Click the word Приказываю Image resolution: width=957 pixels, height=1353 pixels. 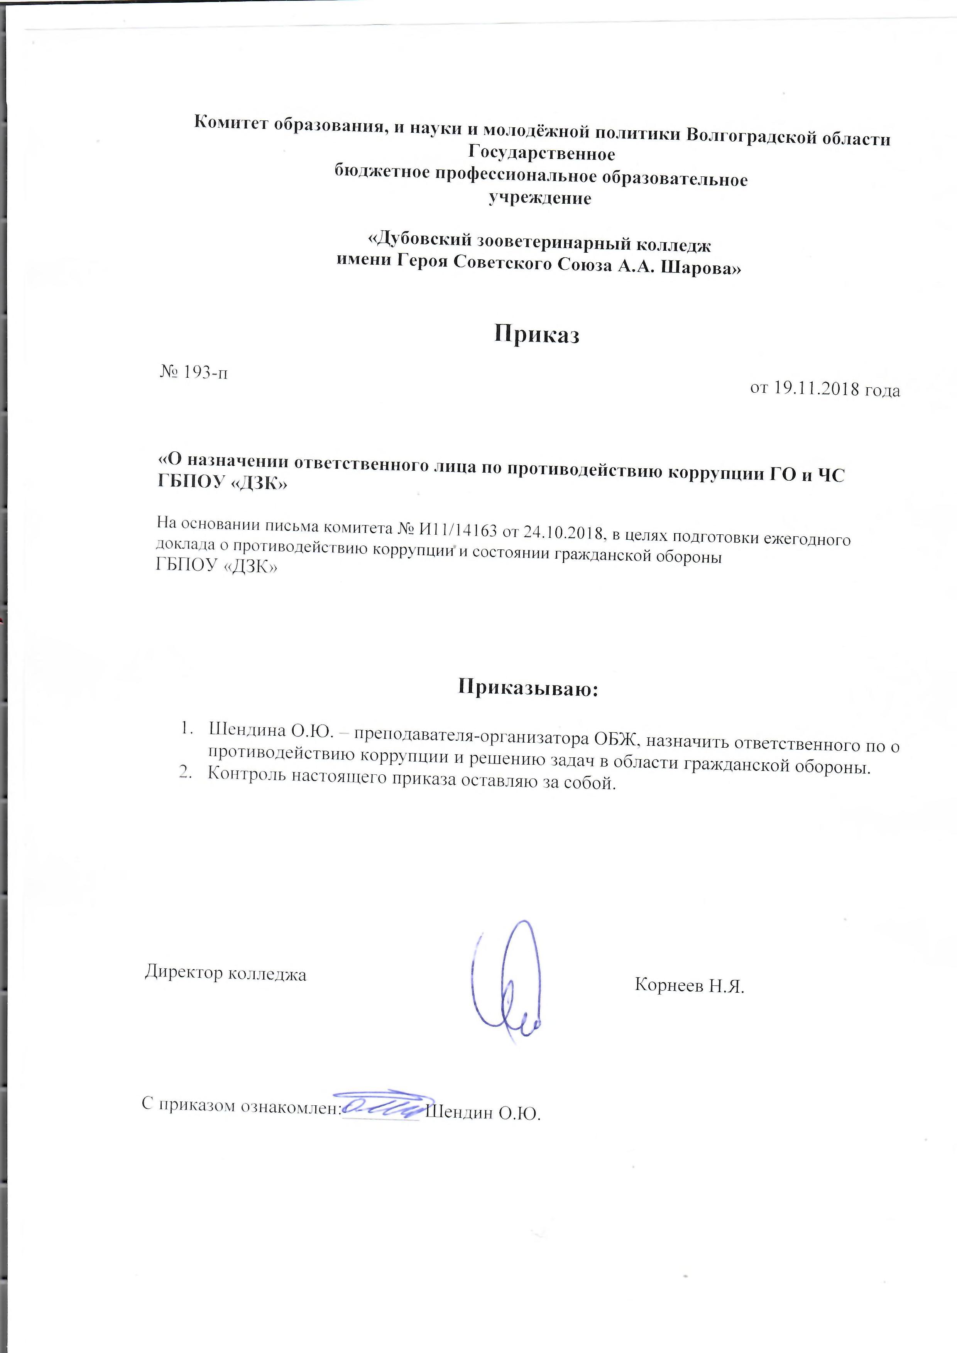click(528, 688)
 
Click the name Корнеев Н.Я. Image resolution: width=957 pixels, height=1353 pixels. click(690, 985)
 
